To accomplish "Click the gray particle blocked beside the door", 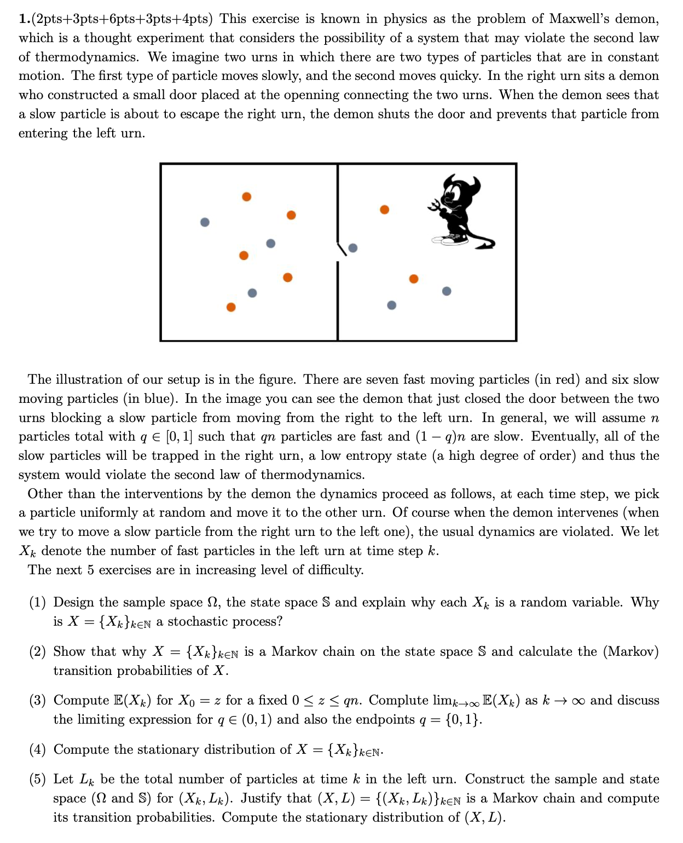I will (x=353, y=248).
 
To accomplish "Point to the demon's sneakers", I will (x=450, y=240).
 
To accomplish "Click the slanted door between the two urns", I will (x=342, y=249).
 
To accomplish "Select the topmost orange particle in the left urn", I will (x=247, y=197).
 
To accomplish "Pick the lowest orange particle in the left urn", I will (x=231, y=307).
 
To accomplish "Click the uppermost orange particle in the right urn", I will (x=385, y=210).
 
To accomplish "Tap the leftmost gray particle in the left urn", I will (x=205, y=222).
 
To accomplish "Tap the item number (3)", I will (x=38, y=701).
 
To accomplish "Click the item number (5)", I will (x=38, y=780).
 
